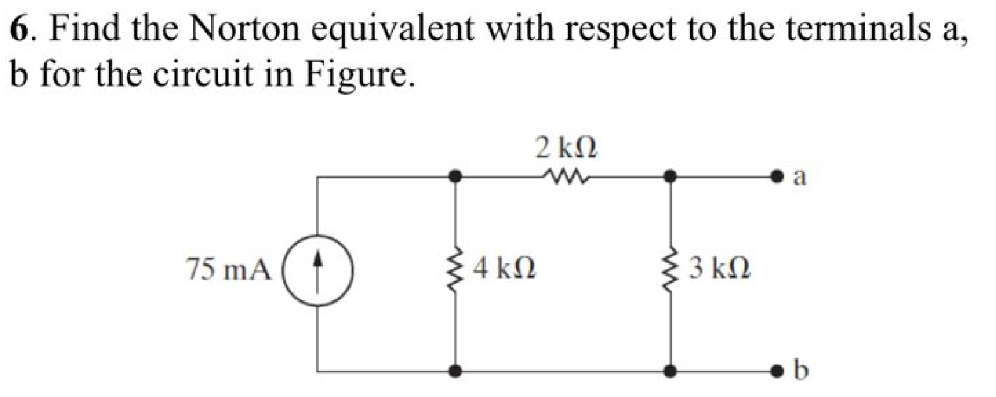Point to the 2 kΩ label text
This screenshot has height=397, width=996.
click(566, 148)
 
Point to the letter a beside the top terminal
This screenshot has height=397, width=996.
click(799, 176)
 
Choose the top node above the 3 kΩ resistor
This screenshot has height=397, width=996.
click(671, 176)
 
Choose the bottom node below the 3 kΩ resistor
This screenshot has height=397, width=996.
click(671, 370)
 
